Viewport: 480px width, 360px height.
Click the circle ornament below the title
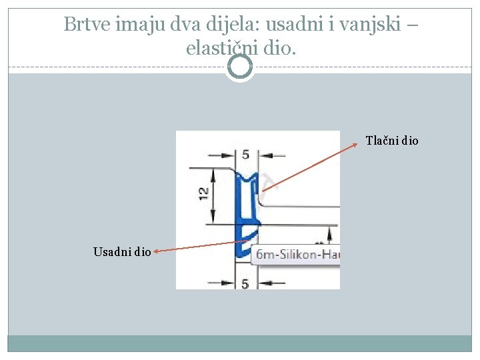(240, 67)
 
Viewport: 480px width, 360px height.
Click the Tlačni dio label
(392, 141)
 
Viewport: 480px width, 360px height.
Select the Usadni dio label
(122, 251)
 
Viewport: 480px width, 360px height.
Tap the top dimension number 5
(246, 155)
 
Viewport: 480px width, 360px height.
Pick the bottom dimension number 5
(245, 283)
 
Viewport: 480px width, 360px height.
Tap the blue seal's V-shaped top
(246, 177)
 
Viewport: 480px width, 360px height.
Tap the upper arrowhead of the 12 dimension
(213, 171)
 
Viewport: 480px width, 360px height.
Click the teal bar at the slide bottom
(240, 343)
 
